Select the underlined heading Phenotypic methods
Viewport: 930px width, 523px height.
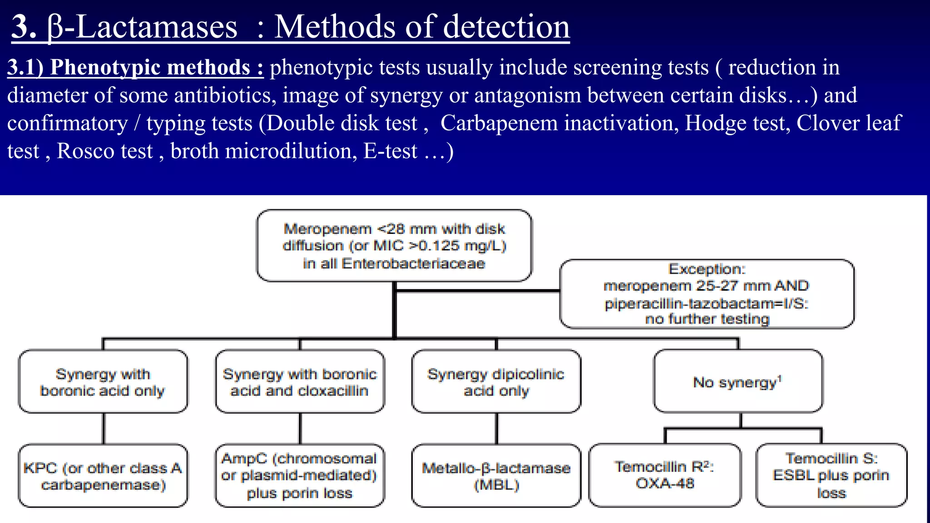point(135,68)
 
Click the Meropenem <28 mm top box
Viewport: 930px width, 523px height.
point(394,246)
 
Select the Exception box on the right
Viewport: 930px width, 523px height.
point(707,294)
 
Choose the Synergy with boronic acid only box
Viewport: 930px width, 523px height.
point(103,382)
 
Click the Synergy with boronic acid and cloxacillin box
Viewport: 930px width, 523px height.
point(300,382)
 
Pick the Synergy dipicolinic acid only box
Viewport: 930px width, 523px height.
point(496,382)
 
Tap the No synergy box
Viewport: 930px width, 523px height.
point(737,382)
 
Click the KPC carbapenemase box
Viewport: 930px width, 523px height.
point(103,476)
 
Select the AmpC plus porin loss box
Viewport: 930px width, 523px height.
point(300,476)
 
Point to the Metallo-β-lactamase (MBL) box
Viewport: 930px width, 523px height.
point(496,476)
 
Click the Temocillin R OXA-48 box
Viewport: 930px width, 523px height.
point(665,475)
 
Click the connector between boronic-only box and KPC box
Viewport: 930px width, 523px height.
point(104,429)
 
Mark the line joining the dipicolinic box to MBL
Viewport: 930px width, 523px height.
point(496,429)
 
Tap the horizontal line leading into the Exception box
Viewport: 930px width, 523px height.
point(477,291)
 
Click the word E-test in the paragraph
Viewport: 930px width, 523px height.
point(390,151)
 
